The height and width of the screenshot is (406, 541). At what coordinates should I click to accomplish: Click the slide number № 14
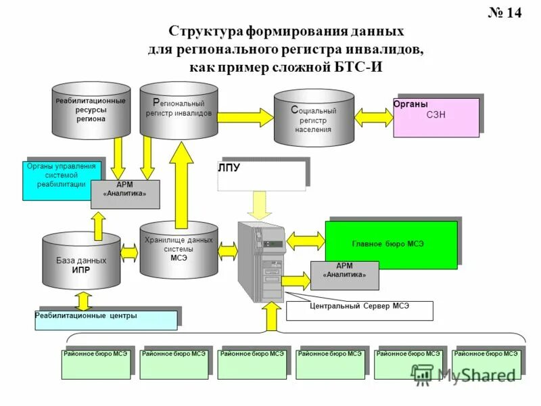(x=504, y=14)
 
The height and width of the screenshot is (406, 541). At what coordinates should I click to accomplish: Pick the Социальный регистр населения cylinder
(x=313, y=118)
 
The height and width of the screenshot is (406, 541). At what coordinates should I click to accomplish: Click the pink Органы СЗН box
(x=436, y=117)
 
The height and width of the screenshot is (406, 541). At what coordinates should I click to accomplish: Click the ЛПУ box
(x=262, y=173)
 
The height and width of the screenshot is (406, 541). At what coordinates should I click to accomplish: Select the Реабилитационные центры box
(x=106, y=319)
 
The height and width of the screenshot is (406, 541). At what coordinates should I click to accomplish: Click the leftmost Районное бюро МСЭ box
(x=95, y=364)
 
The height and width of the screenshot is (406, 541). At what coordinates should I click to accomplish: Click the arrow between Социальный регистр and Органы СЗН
(x=373, y=116)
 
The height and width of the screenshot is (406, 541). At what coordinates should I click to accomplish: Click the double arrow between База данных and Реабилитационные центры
(x=83, y=299)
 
